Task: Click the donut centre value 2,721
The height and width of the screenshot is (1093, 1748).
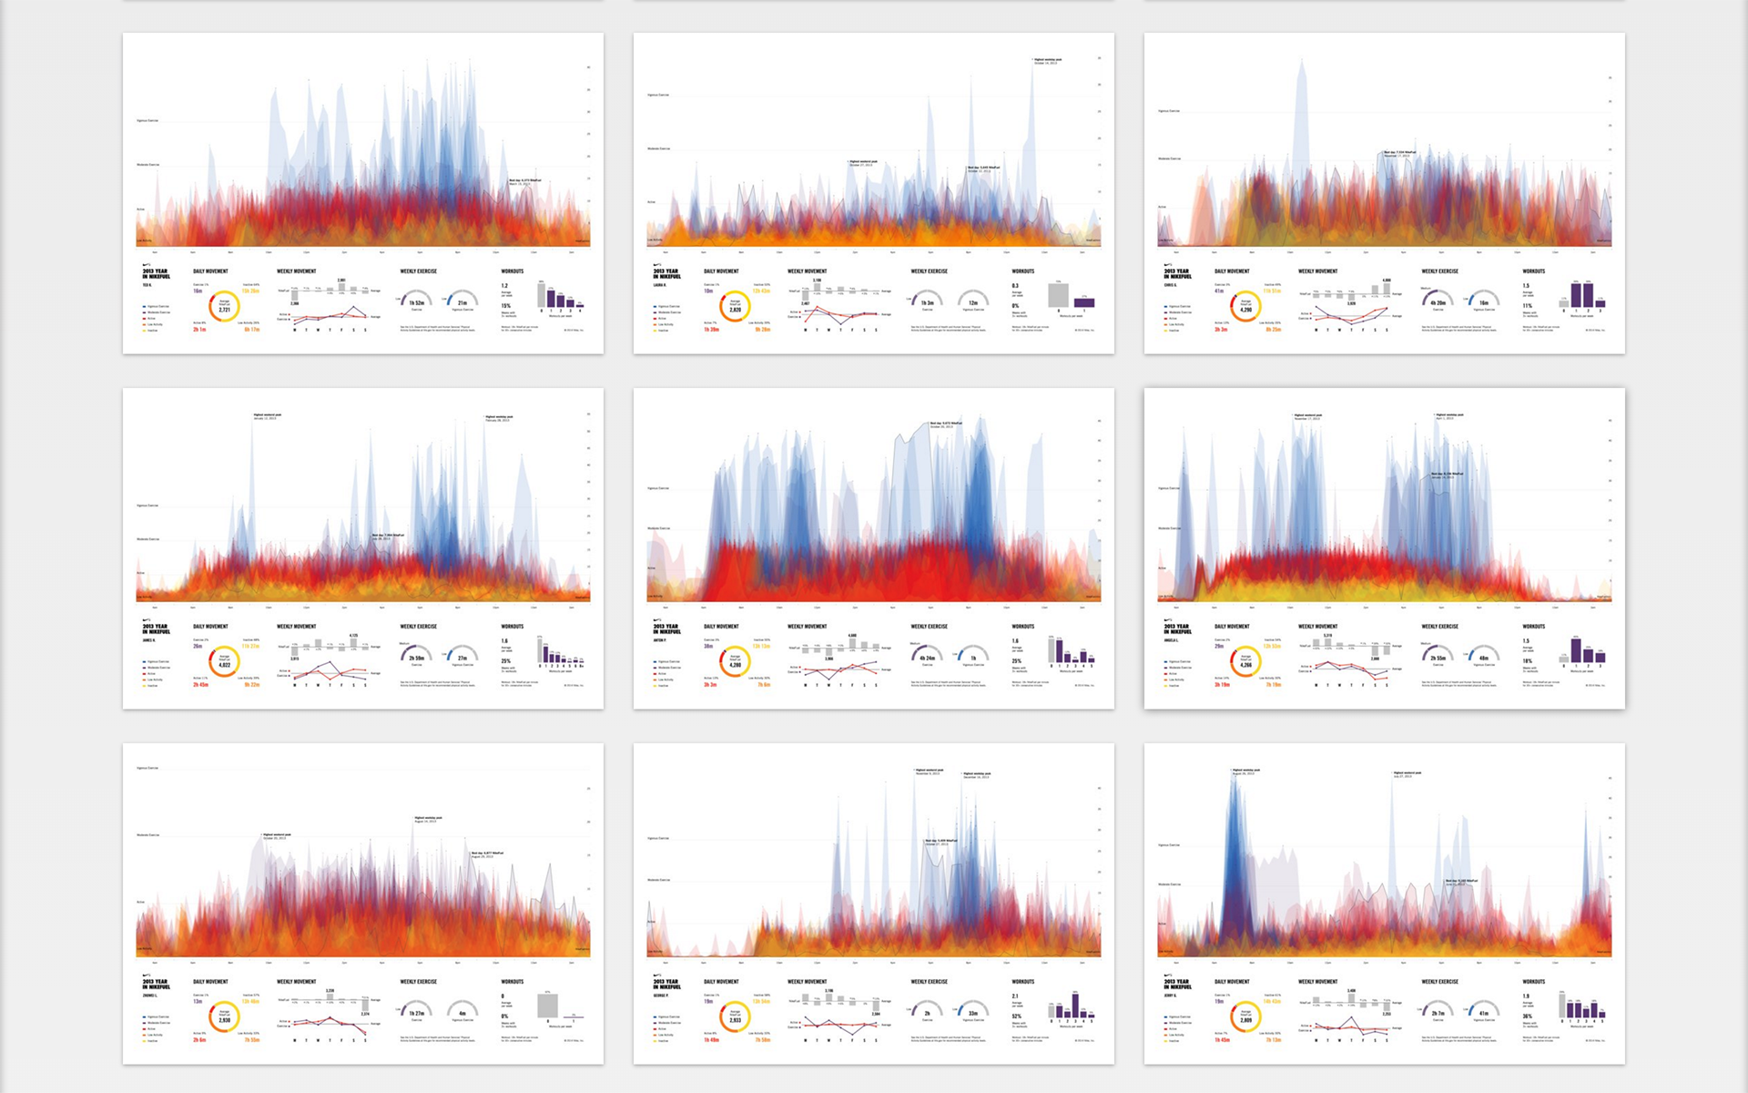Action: coord(224,309)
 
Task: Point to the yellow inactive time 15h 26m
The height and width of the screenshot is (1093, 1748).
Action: coord(250,291)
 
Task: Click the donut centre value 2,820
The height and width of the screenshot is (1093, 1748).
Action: coord(735,309)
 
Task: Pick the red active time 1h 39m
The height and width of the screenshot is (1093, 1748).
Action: coord(711,330)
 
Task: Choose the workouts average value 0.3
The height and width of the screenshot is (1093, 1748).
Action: coord(1015,285)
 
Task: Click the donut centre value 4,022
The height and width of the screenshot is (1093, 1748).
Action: coord(224,664)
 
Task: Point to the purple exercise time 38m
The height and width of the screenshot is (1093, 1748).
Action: coord(708,646)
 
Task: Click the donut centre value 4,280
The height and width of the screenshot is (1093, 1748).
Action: coord(735,664)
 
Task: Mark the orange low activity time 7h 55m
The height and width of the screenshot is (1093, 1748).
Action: coord(251,1040)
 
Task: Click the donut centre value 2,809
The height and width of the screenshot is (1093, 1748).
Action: coord(1245,1019)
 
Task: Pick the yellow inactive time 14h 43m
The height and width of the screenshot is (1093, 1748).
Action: coord(1273,1001)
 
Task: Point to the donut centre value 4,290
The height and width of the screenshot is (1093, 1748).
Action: coord(1245,309)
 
